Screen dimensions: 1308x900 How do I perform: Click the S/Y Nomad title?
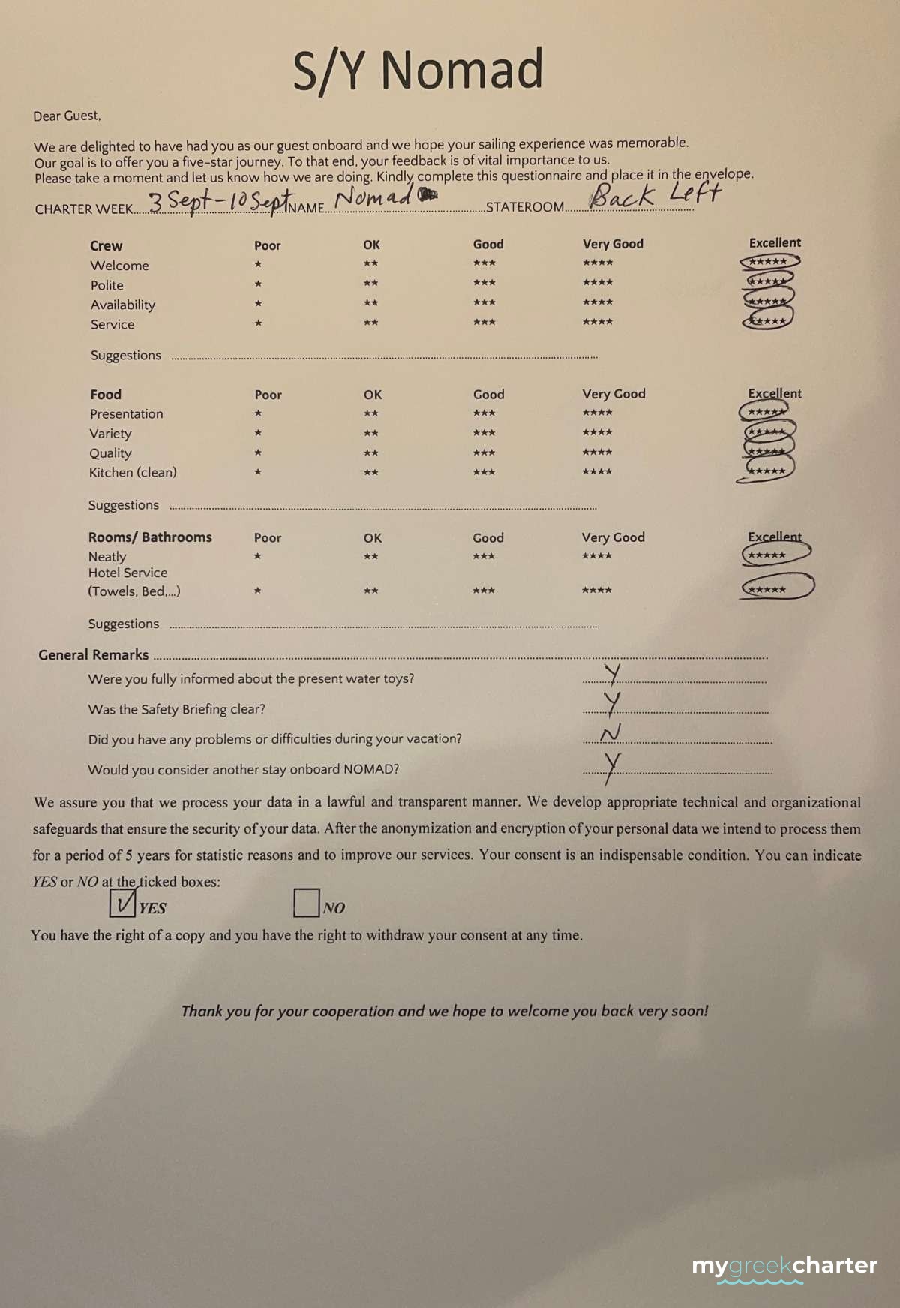click(418, 70)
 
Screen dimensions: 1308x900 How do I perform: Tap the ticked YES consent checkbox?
click(122, 902)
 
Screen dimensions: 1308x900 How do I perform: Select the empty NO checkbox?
click(306, 902)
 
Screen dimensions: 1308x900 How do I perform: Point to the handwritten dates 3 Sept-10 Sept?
click(218, 201)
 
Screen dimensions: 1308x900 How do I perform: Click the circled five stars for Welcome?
click(769, 262)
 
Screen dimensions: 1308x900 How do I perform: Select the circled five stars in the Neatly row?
click(775, 555)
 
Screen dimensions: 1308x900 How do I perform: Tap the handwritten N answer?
click(610, 733)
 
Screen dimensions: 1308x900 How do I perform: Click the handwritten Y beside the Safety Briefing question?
click(613, 703)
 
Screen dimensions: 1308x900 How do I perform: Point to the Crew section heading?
click(106, 246)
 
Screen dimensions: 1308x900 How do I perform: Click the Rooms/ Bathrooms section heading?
click(150, 537)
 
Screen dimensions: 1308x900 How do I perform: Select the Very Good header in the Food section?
click(613, 394)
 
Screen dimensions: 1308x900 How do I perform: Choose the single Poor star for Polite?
click(258, 284)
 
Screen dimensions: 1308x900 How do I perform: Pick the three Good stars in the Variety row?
click(484, 433)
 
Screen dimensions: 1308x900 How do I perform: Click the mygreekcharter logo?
click(784, 1267)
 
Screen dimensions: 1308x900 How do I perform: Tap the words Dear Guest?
click(67, 116)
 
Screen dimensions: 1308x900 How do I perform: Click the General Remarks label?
click(94, 654)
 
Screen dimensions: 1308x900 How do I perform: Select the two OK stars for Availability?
click(370, 303)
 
